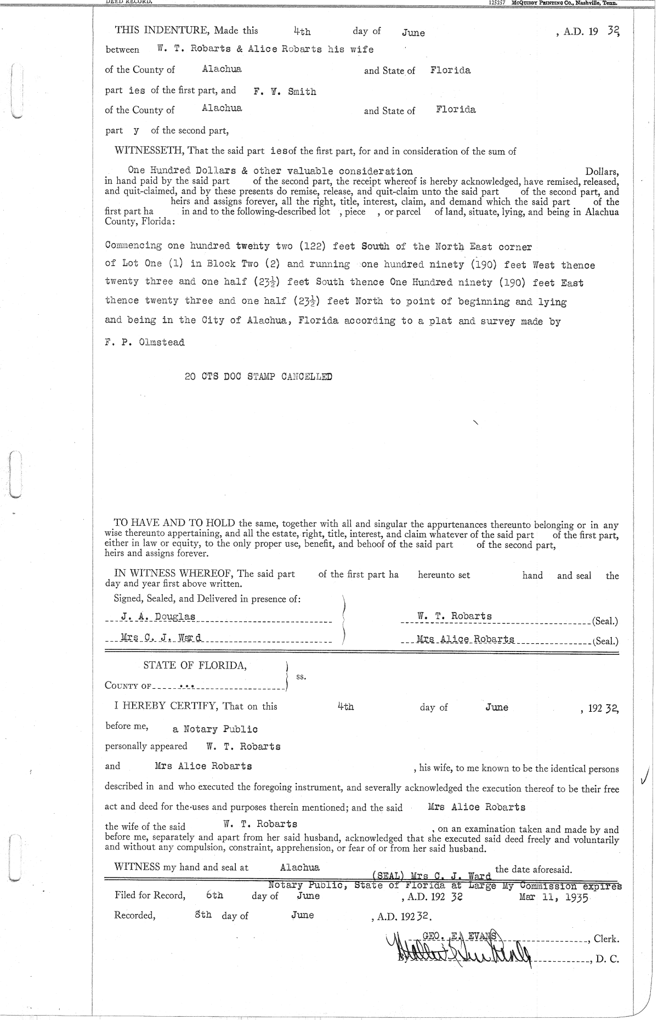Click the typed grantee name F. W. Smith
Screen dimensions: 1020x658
pyautogui.click(x=285, y=92)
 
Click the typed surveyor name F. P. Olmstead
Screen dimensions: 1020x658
pyautogui.click(x=144, y=343)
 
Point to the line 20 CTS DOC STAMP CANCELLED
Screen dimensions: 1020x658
pyautogui.click(x=258, y=377)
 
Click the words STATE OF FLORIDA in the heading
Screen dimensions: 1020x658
pyautogui.click(x=195, y=665)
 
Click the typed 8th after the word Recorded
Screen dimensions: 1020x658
pyautogui.click(x=203, y=915)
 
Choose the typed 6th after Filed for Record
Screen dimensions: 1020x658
pyautogui.click(x=215, y=895)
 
